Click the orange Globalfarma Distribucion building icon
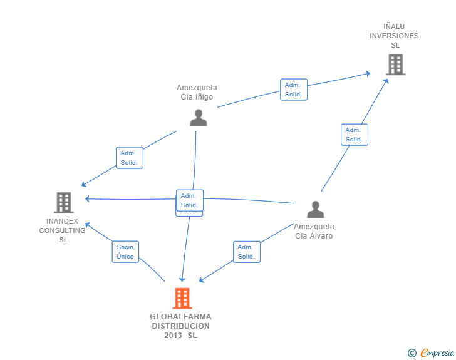click(182, 299)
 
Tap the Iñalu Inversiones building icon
click(395, 64)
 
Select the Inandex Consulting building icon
click(64, 202)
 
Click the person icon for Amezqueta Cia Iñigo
click(199, 118)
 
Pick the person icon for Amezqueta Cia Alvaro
click(316, 210)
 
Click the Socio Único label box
click(125, 252)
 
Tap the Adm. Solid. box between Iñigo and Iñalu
click(293, 90)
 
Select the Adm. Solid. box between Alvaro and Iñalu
click(354, 135)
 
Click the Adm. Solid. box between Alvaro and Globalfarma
click(246, 252)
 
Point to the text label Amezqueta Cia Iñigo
click(197, 92)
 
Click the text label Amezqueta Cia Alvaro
click(314, 231)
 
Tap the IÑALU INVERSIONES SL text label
click(394, 36)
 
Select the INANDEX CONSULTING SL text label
click(63, 230)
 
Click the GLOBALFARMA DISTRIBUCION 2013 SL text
click(180, 326)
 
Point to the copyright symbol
click(412, 353)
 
